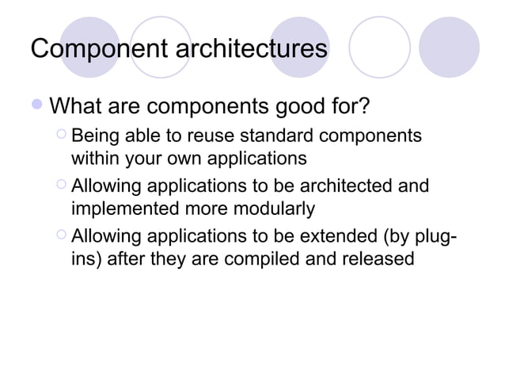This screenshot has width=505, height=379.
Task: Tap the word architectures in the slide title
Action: [249, 50]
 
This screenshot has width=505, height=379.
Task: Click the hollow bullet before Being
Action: [63, 136]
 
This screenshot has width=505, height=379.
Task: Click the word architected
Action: [351, 186]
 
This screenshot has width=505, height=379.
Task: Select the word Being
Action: [97, 136]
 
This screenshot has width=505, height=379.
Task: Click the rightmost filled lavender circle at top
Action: [449, 47]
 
